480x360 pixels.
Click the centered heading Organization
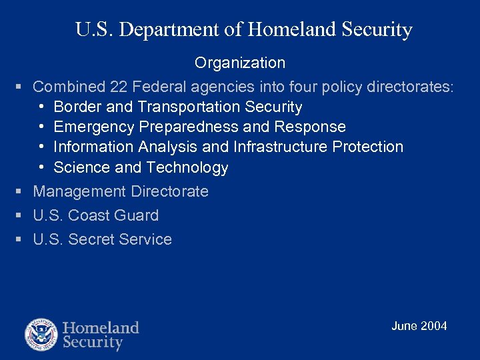coord(240,63)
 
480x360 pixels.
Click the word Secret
coord(93,239)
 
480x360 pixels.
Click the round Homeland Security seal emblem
coord(41,335)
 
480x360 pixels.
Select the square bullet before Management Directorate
coord(19,192)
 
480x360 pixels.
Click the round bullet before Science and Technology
coord(41,167)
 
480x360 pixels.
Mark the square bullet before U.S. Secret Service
coord(19,239)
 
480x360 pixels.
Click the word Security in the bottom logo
coord(93,343)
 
